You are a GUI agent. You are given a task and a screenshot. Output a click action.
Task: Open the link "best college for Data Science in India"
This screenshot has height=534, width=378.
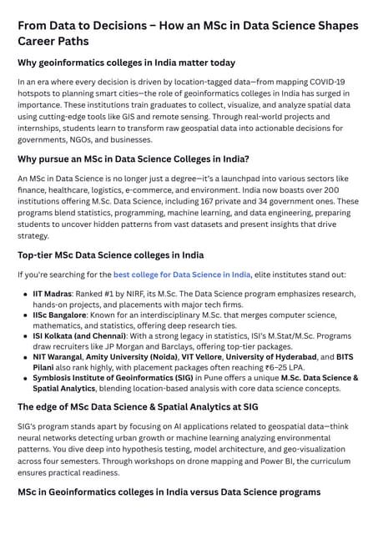tap(182, 275)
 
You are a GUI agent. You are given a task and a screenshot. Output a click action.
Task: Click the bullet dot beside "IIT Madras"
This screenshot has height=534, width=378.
tap(25, 294)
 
